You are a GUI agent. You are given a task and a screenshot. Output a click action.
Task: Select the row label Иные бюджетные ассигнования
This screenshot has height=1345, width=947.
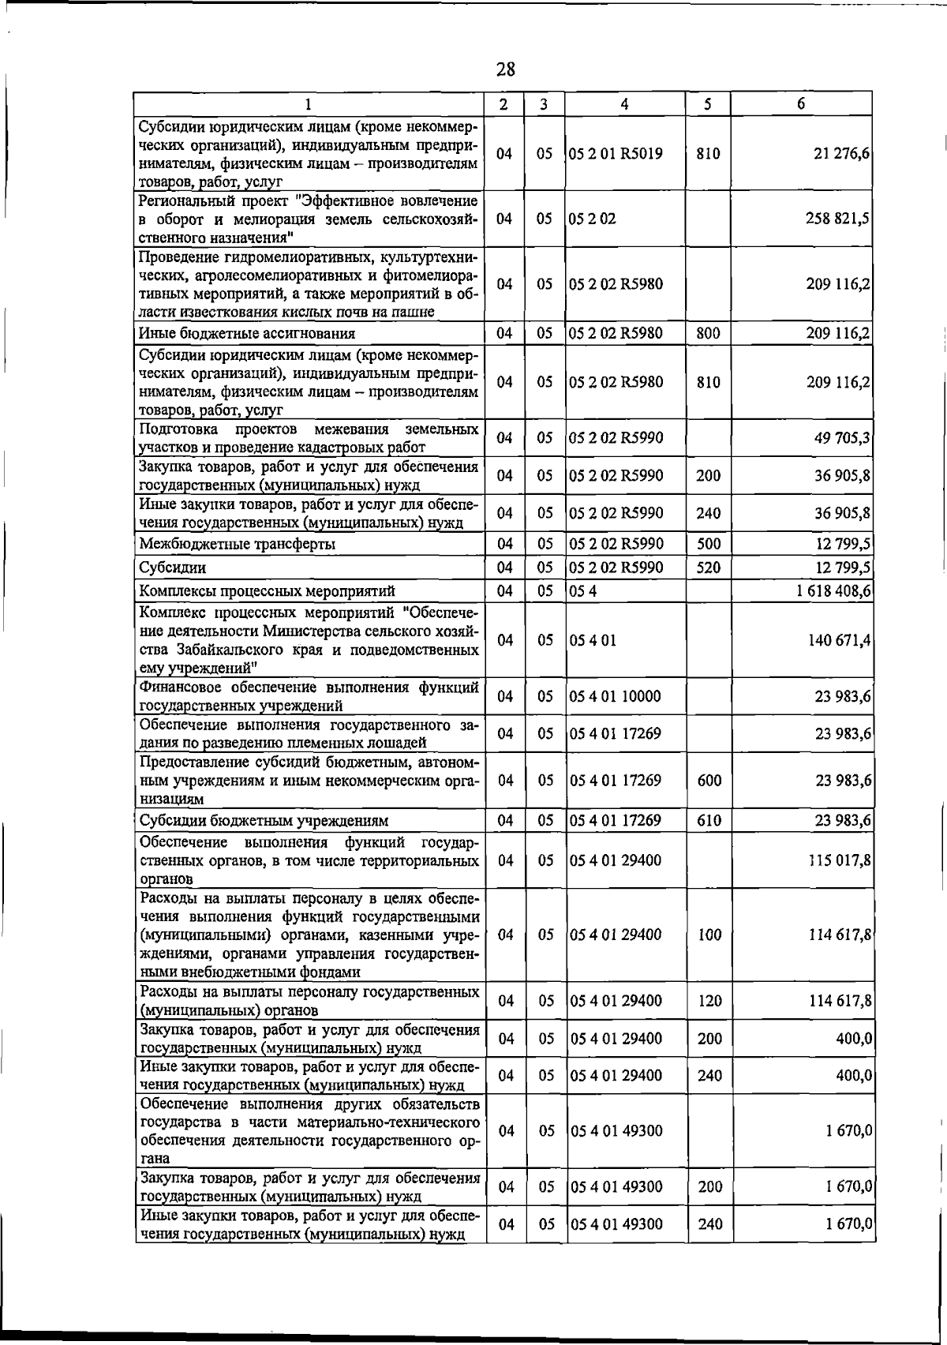247,334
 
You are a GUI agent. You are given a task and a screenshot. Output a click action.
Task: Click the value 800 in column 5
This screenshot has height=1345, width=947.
708,334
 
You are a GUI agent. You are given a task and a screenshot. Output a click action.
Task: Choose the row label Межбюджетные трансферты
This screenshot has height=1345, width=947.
238,545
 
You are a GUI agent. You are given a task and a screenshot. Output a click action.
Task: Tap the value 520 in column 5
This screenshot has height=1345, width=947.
708,568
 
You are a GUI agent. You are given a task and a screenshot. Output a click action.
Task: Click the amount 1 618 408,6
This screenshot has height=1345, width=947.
833,591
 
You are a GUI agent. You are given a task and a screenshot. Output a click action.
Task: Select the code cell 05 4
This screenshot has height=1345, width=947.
583,591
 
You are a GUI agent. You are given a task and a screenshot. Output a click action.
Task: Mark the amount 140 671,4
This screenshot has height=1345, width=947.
839,640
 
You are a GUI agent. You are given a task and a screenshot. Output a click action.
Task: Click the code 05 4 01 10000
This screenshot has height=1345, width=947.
615,697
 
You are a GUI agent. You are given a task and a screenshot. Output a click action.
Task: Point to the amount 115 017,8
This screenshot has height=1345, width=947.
839,860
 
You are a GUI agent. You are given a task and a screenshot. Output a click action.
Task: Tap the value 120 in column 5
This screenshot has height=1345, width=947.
709,1001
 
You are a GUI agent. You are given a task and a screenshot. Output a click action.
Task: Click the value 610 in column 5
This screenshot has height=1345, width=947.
709,821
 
